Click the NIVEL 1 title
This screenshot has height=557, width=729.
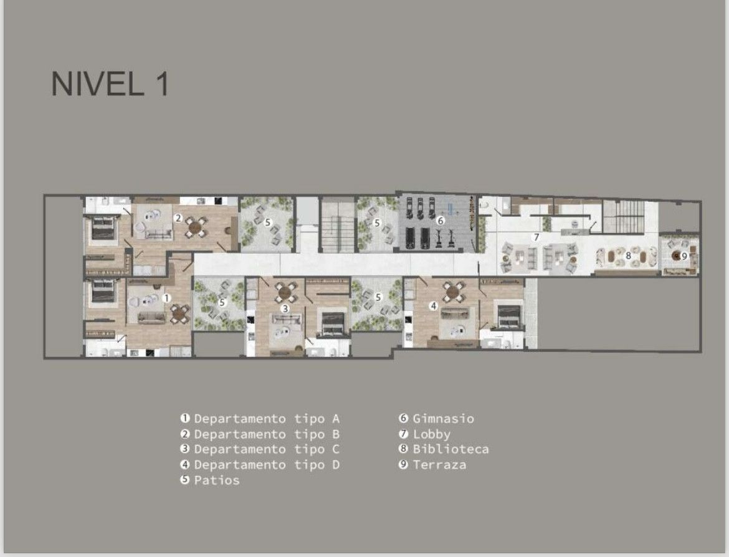pos(110,83)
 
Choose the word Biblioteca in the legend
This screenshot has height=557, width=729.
pos(450,449)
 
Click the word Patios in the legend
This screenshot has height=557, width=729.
pos(217,480)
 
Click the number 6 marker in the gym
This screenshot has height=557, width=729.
pos(441,221)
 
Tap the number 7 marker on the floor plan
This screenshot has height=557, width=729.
pos(536,237)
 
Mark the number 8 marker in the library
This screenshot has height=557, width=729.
pos(628,255)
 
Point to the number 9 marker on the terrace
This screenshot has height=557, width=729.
pos(684,255)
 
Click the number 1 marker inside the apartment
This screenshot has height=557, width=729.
pos(166,298)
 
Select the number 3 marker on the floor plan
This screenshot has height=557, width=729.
pos(285,308)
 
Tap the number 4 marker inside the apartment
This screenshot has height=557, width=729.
pos(433,305)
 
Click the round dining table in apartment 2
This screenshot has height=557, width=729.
pos(195,227)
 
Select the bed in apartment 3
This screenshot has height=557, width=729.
pos(333,323)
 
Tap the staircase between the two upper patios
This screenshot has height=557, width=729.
pos(338,225)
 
